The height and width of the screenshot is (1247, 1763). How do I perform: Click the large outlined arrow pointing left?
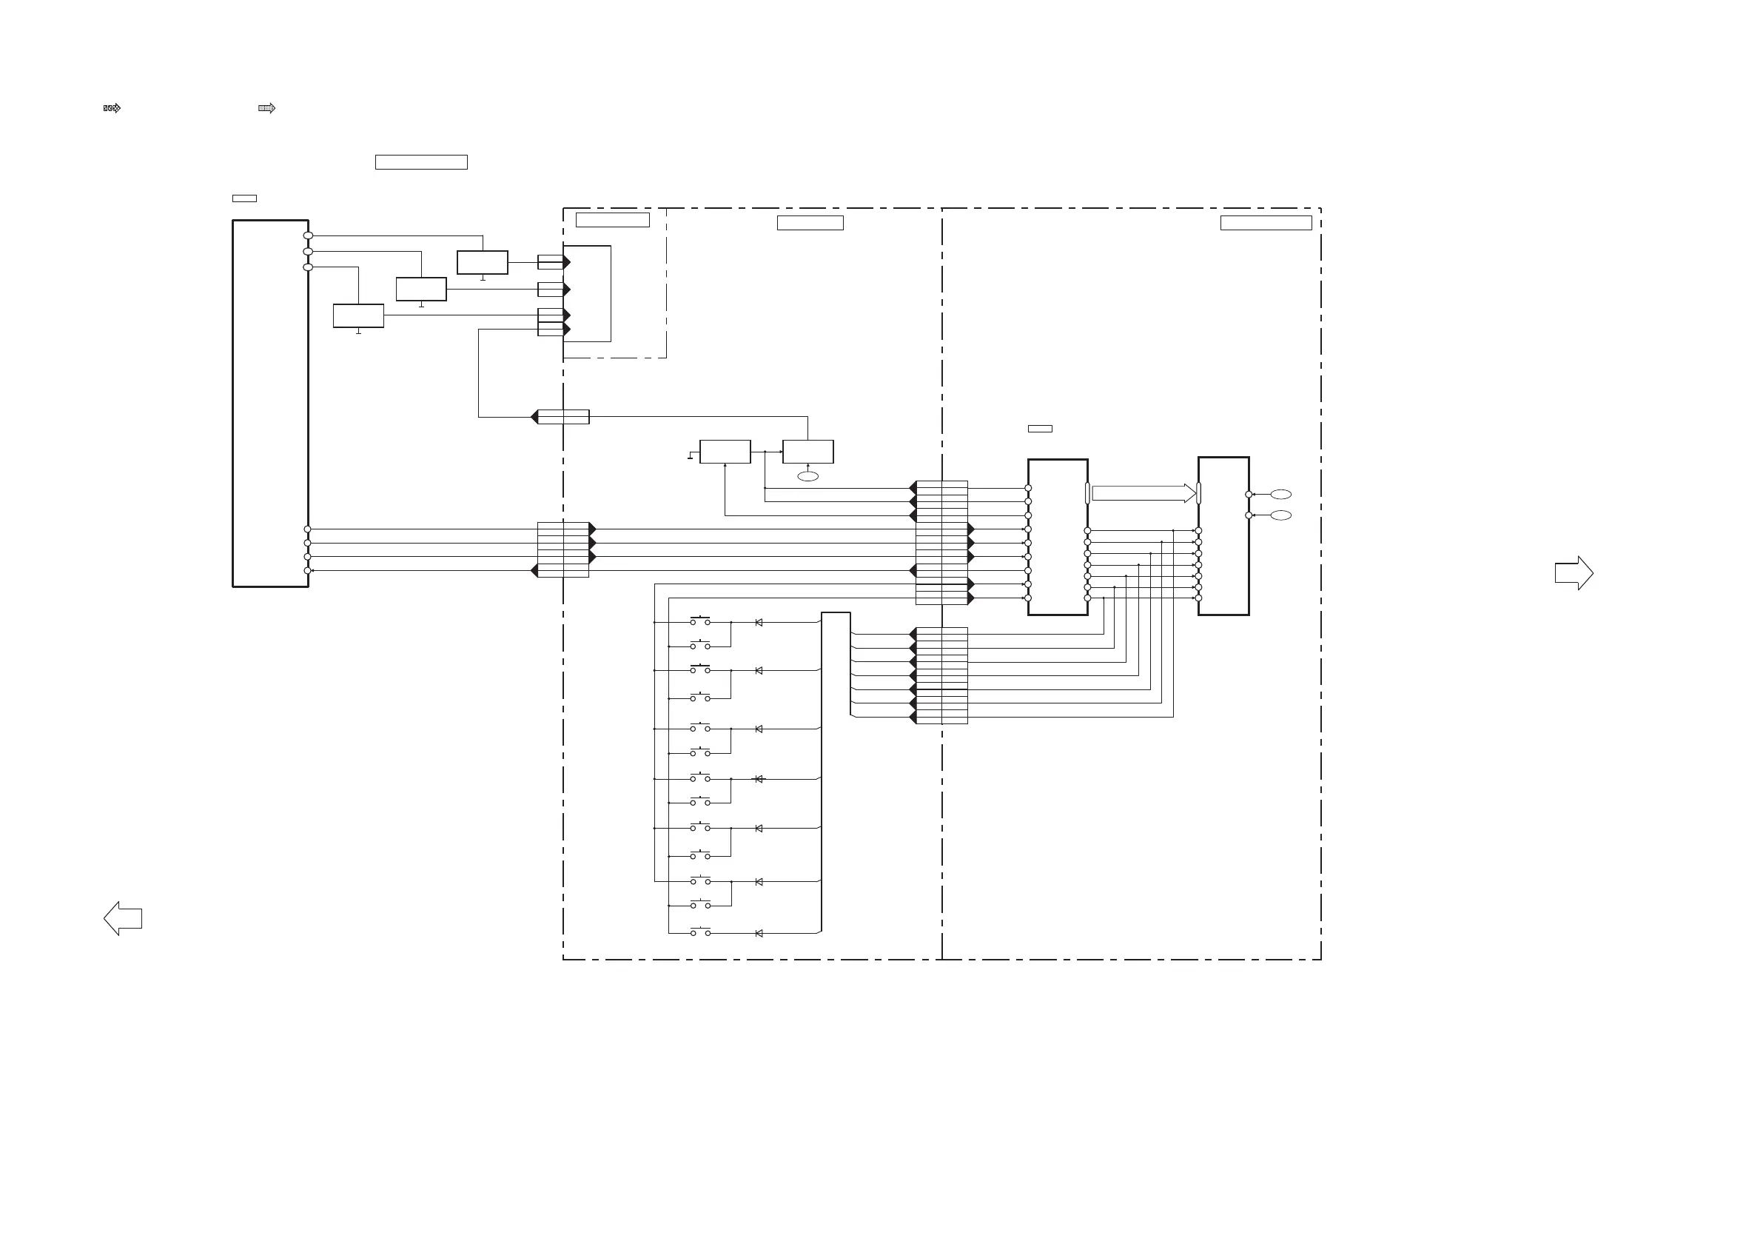123,918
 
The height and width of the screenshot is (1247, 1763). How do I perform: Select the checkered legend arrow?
112,108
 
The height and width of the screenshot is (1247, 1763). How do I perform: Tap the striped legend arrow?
266,108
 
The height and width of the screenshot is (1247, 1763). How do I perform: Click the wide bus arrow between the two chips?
1144,493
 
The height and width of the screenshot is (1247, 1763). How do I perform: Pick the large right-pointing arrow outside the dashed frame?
1574,573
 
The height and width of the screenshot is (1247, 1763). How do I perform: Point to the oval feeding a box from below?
807,476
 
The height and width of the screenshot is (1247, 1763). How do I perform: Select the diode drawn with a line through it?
759,779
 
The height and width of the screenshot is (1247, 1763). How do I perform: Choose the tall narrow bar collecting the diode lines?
836,772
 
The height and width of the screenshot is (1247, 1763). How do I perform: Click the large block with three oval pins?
270,404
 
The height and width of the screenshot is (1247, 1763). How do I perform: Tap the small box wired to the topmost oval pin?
483,262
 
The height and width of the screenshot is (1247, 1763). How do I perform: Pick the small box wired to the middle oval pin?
421,289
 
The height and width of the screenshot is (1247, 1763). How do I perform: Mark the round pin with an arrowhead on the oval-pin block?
308,571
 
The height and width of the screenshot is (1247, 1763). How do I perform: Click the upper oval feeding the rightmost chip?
1280,494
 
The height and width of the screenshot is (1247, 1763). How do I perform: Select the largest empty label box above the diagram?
421,162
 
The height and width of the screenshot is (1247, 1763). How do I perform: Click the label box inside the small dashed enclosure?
612,221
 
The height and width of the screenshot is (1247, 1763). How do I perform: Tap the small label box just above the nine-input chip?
1040,429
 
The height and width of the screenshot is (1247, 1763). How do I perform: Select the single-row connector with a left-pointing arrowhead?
563,417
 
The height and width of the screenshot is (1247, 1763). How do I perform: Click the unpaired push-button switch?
700,933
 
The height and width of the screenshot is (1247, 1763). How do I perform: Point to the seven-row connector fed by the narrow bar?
941,675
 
